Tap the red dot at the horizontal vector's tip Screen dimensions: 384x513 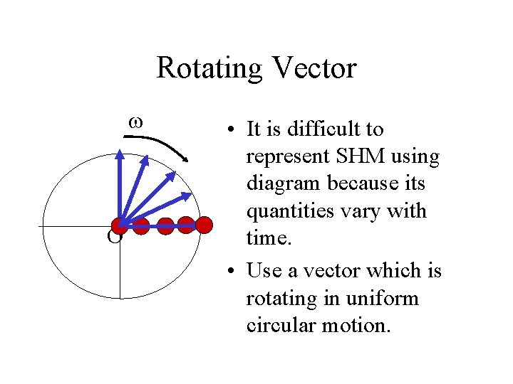point(204,225)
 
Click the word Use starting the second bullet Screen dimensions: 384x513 point(262,271)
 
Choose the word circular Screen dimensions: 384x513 point(279,325)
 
